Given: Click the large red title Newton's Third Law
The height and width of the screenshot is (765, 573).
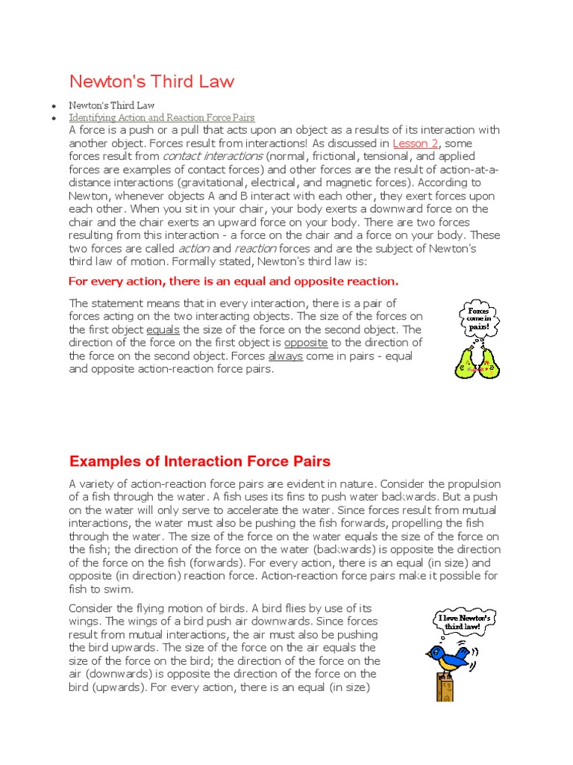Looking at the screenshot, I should click(151, 81).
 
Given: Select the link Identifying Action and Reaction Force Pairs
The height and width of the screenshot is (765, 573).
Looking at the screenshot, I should click(162, 117).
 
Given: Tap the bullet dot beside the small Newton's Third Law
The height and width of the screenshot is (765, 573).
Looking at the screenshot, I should click(54, 105).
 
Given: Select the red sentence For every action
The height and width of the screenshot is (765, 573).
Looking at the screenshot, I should click(234, 281).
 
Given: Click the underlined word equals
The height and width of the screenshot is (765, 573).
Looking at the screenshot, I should click(163, 329).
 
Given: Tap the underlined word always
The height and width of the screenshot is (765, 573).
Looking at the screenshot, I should click(285, 356).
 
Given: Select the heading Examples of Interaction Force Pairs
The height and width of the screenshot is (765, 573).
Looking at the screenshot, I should click(200, 461).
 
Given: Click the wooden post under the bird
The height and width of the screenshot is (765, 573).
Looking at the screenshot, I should click(445, 687).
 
